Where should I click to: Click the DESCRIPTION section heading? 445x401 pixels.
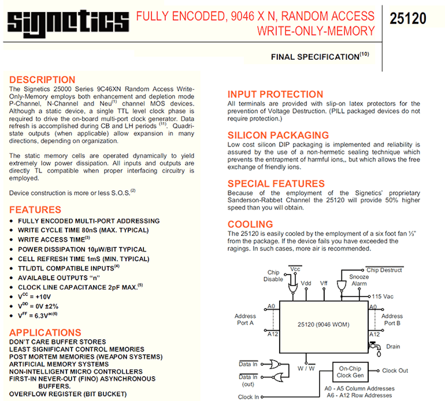42,80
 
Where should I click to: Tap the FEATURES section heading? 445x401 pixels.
35,210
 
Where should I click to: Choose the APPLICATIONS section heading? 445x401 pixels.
45,333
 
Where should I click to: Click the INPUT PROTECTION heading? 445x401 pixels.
275,94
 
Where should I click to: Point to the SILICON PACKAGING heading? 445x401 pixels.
278,136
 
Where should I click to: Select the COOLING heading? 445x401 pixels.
250,224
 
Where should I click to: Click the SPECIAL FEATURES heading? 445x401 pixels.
276,183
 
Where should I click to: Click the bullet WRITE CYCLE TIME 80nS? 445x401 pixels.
83,230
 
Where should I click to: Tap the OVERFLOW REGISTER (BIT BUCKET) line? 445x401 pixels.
68,394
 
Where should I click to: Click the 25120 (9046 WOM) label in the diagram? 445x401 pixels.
323,324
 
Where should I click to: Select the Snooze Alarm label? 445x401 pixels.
359,280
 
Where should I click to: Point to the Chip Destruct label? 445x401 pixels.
384,270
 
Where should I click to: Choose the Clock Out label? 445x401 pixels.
395,371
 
